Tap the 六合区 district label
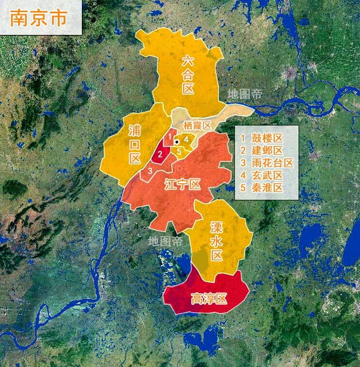point(188,74)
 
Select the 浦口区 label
point(135,144)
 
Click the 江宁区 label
point(182,185)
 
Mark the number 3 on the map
point(150,171)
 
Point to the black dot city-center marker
point(177,142)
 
